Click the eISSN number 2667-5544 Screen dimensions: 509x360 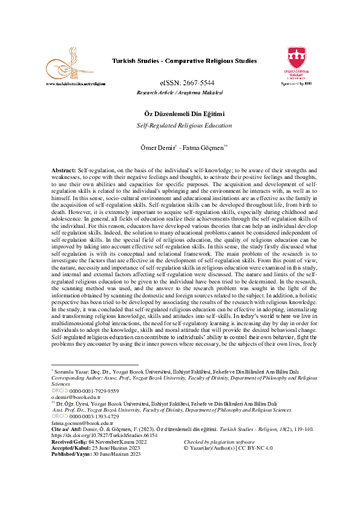pyautogui.click(x=180, y=83)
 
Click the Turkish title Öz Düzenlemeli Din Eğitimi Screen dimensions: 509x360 pyautogui.click(x=180, y=114)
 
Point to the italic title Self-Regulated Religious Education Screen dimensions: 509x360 pyautogui.click(x=180, y=126)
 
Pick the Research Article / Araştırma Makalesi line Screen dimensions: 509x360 pyautogui.click(x=180, y=93)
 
